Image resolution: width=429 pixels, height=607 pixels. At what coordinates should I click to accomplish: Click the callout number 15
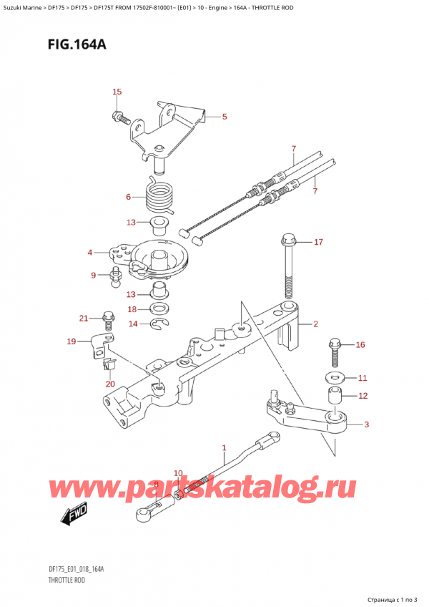117,92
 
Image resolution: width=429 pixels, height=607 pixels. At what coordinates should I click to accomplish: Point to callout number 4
90,252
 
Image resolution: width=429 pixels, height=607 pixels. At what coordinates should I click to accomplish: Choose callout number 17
318,242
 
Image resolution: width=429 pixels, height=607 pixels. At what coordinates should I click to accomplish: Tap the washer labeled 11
334,377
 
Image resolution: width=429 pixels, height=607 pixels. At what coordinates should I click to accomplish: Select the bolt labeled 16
334,352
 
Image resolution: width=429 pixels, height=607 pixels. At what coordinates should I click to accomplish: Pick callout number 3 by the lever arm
366,425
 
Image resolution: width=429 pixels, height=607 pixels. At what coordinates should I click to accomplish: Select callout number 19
70,341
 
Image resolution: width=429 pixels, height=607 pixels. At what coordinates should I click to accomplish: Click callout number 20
109,384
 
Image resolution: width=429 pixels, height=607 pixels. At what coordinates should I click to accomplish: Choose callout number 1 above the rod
224,449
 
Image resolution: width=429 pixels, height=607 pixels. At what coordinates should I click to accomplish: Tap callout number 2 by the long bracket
315,324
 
